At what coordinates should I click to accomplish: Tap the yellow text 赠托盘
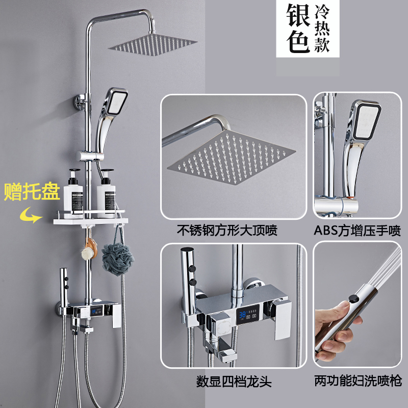tap(32, 192)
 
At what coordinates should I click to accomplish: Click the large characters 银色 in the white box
tap(298, 29)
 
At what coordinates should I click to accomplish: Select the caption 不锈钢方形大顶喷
tap(227, 230)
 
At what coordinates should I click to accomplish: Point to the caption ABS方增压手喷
tap(357, 231)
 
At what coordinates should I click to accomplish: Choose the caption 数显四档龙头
tap(234, 382)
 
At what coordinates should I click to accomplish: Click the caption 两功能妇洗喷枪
tap(358, 381)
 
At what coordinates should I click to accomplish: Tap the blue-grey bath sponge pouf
tap(117, 259)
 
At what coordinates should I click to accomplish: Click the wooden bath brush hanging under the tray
tap(89, 249)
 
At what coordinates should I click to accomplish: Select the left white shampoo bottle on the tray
tap(73, 193)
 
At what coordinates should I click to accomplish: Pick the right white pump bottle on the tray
tap(106, 193)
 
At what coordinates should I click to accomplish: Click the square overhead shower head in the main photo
tap(152, 44)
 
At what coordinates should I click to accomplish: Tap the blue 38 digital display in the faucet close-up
tap(242, 314)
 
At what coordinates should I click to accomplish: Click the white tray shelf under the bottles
tap(91, 221)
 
